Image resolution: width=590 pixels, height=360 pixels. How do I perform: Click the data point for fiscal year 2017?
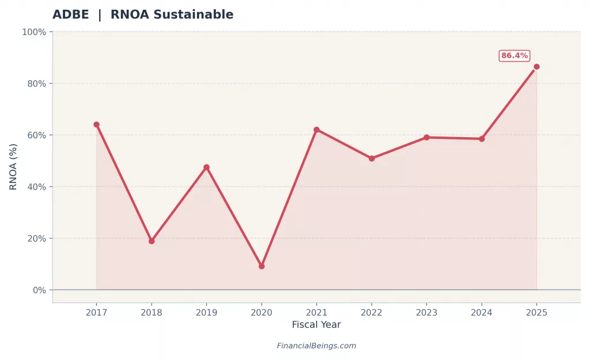point(96,124)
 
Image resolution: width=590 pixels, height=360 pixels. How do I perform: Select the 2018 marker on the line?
point(152,241)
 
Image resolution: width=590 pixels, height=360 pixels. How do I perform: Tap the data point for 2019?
point(206,168)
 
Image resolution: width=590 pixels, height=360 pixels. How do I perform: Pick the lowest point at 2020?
point(262,266)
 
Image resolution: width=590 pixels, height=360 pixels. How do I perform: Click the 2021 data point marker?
point(316,130)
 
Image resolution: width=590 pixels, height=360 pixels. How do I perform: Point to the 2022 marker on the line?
point(372,158)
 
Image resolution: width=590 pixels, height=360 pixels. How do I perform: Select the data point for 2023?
point(426,138)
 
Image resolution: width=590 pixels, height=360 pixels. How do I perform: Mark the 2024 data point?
point(482,139)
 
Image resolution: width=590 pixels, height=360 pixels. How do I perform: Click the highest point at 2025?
point(536,67)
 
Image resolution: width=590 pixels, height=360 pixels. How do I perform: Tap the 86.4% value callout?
point(514,56)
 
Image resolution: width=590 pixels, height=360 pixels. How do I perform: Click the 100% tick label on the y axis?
point(33,32)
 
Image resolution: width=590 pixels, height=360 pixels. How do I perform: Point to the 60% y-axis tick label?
point(35,135)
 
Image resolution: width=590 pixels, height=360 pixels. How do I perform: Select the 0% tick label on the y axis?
point(39,290)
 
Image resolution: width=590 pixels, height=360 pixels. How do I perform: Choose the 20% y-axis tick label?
point(35,238)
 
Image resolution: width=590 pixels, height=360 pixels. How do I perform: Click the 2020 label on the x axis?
point(262,313)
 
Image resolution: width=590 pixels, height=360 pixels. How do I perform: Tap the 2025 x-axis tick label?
point(536,313)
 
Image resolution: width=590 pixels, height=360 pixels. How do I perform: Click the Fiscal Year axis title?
point(316,325)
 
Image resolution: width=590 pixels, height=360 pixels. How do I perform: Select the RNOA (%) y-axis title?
point(13,166)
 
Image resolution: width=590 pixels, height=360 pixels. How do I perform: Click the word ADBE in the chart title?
point(70,15)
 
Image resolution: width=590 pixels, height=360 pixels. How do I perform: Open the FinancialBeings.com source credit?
point(316,346)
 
